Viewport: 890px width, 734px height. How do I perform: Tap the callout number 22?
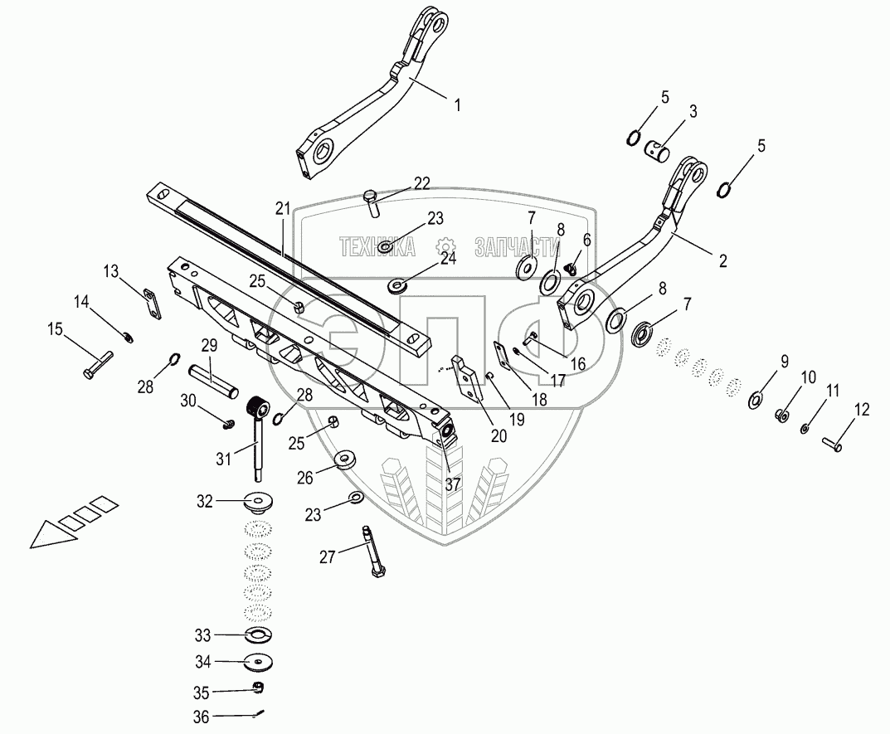[x=421, y=183]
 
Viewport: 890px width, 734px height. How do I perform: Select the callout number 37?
[x=452, y=485]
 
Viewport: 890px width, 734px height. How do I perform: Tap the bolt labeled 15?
[x=99, y=364]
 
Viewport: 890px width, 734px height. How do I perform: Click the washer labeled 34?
[x=257, y=662]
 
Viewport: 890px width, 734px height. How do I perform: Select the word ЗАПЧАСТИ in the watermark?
[x=513, y=245]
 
